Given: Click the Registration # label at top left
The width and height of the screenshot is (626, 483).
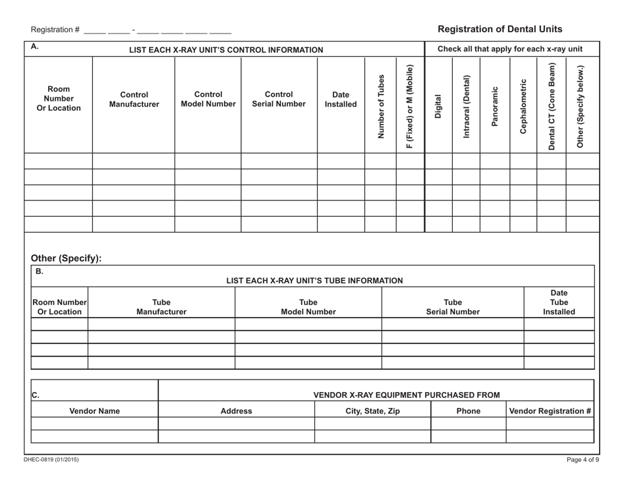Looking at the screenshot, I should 55,30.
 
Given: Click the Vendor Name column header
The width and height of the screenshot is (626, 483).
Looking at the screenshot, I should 96,411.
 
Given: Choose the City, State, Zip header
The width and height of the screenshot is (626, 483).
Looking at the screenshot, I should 373,411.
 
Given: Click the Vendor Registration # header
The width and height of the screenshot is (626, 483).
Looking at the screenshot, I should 550,411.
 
